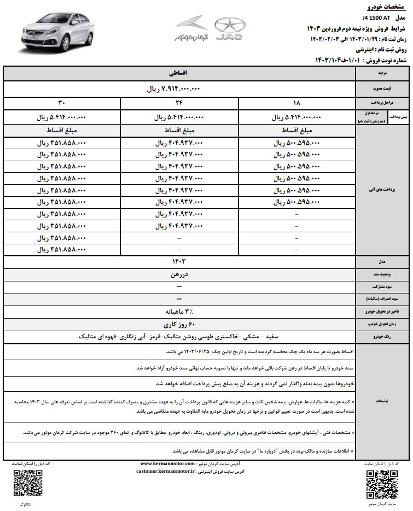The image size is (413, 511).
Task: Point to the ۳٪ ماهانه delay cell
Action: pyautogui.click(x=181, y=312)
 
